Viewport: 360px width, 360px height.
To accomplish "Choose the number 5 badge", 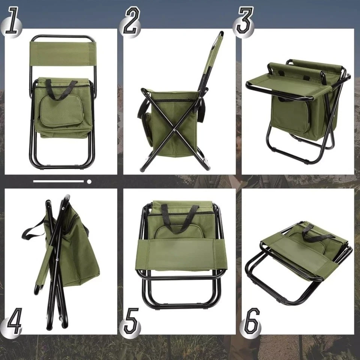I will (131, 321).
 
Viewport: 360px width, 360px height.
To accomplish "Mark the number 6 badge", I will (251, 321).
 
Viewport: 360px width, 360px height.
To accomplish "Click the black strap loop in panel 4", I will (33, 228).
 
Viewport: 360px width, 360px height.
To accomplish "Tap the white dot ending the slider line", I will (89, 181).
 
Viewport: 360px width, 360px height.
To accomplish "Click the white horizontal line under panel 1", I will (58, 181).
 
